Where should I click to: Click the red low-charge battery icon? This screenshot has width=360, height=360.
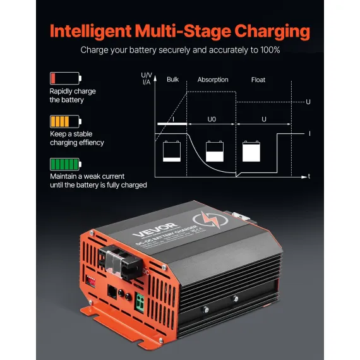[x=65, y=78]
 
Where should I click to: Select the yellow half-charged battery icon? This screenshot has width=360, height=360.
[x=65, y=121]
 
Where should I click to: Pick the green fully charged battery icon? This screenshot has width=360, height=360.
[x=65, y=164]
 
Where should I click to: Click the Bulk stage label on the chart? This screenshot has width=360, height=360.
[x=172, y=80]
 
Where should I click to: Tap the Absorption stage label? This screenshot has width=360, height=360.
[x=212, y=80]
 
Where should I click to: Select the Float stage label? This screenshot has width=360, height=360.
[x=259, y=80]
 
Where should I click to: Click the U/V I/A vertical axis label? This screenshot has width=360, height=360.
[x=147, y=78]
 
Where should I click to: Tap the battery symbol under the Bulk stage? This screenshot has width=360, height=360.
[x=172, y=152]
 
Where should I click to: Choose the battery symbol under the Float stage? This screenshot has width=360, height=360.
[x=255, y=152]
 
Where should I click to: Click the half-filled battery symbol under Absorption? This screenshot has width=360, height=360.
[x=214, y=152]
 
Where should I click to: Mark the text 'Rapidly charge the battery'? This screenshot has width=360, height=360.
[x=73, y=95]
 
